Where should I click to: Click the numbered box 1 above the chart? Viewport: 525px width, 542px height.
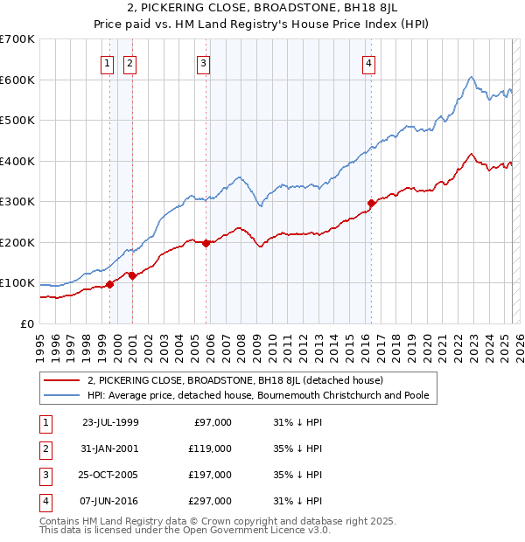pyautogui.click(x=107, y=62)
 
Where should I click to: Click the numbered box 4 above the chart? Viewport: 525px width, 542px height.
pyautogui.click(x=369, y=62)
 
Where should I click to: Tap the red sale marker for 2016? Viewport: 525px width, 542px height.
pyautogui.click(x=371, y=203)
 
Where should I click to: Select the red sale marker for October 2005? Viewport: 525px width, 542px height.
pyautogui.click(x=206, y=244)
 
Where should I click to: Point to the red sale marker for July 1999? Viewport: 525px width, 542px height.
pyautogui.click(x=110, y=284)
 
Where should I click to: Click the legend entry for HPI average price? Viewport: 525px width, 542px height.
pyautogui.click(x=257, y=395)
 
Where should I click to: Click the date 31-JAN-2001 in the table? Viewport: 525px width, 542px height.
pyautogui.click(x=110, y=448)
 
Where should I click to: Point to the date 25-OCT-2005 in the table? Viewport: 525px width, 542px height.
pyautogui.click(x=110, y=475)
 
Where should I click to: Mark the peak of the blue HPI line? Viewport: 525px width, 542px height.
pyautogui.click(x=471, y=77)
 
